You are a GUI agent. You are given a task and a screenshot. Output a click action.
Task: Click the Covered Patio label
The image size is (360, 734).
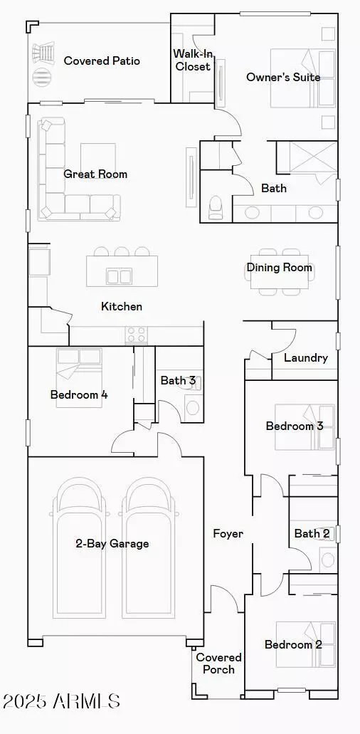pyautogui.click(x=102, y=61)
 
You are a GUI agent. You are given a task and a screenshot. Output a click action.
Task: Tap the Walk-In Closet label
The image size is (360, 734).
pyautogui.click(x=192, y=61)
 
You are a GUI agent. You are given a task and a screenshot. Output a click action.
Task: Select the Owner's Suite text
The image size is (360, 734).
pyautogui.click(x=283, y=77)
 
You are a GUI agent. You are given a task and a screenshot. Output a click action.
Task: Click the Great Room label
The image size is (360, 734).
pyautogui.click(x=95, y=174)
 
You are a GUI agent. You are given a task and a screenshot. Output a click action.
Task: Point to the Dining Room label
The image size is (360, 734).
pyautogui.click(x=280, y=268)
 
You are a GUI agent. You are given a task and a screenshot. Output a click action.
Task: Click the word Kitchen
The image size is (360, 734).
pyautogui.click(x=122, y=306)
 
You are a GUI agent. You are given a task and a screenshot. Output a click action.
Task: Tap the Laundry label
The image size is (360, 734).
pyautogui.click(x=305, y=357)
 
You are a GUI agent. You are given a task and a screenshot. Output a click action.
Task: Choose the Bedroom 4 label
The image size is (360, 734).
pyautogui.click(x=79, y=394)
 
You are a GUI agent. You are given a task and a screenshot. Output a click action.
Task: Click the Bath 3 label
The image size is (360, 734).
pyautogui.click(x=178, y=380)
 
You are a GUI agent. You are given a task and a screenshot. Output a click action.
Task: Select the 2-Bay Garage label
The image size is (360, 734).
pyautogui.click(x=112, y=544)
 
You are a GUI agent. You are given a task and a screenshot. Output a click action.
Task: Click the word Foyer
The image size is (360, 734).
pyautogui.click(x=228, y=533)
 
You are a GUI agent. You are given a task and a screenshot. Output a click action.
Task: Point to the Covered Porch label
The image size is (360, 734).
pyautogui.click(x=219, y=664)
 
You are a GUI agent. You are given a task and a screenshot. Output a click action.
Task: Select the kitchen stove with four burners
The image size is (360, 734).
pyautogui.click(x=136, y=335)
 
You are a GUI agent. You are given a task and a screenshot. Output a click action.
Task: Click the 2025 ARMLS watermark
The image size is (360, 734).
pyautogui.click(x=62, y=701)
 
